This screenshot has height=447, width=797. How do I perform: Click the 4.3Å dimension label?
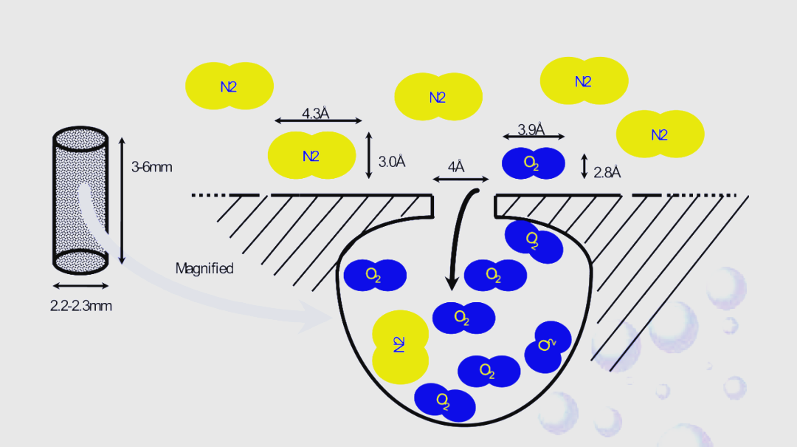pyautogui.click(x=315, y=114)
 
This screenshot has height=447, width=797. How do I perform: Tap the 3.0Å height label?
pyautogui.click(x=392, y=161)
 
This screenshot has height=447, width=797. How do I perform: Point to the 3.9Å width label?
pyautogui.click(x=531, y=130)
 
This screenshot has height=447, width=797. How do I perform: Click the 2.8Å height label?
pyautogui.click(x=607, y=173)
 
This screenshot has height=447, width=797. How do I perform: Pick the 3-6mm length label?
pyautogui.click(x=151, y=167)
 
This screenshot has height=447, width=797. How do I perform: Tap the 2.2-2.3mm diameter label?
pyautogui.click(x=80, y=305)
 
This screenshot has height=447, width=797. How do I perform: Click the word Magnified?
pyautogui.click(x=204, y=268)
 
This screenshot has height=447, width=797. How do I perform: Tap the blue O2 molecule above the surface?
pyautogui.click(x=534, y=163)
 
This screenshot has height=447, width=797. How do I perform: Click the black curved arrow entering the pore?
pyautogui.click(x=459, y=236)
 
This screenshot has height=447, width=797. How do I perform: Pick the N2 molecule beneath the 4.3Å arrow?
pyautogui.click(x=311, y=155)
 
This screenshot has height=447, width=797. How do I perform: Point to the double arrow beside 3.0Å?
pyautogui.click(x=369, y=155)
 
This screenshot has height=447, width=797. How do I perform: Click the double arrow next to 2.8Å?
pyautogui.click(x=584, y=166)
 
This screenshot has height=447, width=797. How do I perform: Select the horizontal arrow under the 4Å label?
pyautogui.click(x=460, y=180)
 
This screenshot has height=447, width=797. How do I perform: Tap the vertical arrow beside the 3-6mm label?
pyautogui.click(x=122, y=199)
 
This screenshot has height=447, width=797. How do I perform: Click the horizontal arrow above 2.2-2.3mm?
pyautogui.click(x=80, y=286)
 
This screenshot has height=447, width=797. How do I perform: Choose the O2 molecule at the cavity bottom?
pyautogui.click(x=444, y=401)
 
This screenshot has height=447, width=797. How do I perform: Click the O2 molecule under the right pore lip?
pyautogui.click(x=534, y=238)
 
